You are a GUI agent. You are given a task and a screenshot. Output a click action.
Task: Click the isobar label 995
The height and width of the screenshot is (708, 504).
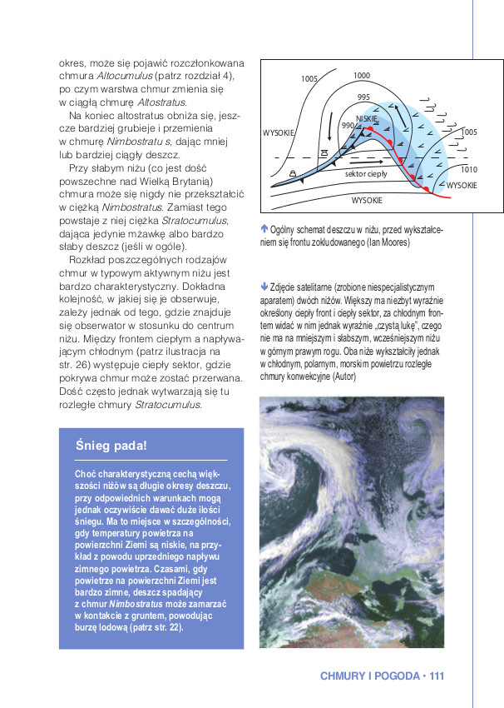pyautogui.click(x=363, y=97)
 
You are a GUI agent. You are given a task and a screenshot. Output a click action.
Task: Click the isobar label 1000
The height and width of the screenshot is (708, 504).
pyautogui.click(x=361, y=76)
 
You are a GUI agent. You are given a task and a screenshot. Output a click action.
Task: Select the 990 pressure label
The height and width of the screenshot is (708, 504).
pyautogui.click(x=348, y=125)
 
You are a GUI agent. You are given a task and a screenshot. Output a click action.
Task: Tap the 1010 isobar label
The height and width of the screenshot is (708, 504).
pyautogui.click(x=468, y=169)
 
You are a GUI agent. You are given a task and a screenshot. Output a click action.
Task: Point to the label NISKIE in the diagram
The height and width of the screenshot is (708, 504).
pyautogui.click(x=367, y=119)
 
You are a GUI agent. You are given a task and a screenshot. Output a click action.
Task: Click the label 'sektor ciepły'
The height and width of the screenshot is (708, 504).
pyautogui.click(x=367, y=173)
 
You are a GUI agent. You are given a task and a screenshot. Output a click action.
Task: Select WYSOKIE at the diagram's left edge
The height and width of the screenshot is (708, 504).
pyautogui.click(x=279, y=132)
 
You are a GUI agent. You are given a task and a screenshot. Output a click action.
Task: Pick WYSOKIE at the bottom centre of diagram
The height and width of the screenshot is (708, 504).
pyautogui.click(x=367, y=200)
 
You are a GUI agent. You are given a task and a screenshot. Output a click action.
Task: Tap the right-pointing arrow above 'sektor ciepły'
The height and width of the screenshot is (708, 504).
pyautogui.click(x=366, y=157)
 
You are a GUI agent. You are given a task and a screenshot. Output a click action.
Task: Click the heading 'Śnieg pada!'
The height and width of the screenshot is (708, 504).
pyautogui.click(x=111, y=446)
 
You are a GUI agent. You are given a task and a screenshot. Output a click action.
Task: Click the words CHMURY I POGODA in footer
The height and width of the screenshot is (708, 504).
pyautogui.click(x=370, y=676)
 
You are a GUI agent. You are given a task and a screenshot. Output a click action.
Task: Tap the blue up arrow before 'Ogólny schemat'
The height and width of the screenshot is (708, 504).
pyautogui.click(x=264, y=227)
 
